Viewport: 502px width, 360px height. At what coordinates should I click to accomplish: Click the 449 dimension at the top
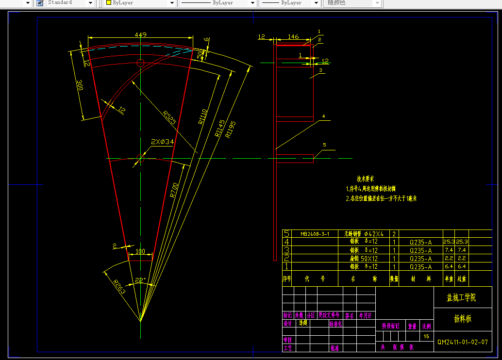[x=140, y=34]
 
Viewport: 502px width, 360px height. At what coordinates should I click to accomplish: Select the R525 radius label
[x=169, y=117]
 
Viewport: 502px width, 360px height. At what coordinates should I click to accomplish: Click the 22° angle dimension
[x=140, y=280]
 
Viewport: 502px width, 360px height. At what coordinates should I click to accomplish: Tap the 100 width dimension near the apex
[x=140, y=251]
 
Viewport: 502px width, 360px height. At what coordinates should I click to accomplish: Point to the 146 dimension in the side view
[x=293, y=36]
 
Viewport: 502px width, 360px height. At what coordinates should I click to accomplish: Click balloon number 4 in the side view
[x=323, y=117]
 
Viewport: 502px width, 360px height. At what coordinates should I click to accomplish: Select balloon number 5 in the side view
[x=324, y=145]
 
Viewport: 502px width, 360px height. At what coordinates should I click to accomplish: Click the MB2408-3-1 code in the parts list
[x=315, y=234]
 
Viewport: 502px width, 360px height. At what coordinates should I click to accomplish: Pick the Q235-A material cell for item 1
[x=420, y=267]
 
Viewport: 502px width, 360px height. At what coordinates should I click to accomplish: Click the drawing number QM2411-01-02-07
[x=462, y=342]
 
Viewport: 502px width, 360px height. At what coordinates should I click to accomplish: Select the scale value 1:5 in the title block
[x=426, y=336]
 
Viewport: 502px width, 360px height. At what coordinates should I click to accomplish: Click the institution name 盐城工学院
[x=461, y=297]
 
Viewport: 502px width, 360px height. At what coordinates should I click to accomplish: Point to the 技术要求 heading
[x=365, y=179]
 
